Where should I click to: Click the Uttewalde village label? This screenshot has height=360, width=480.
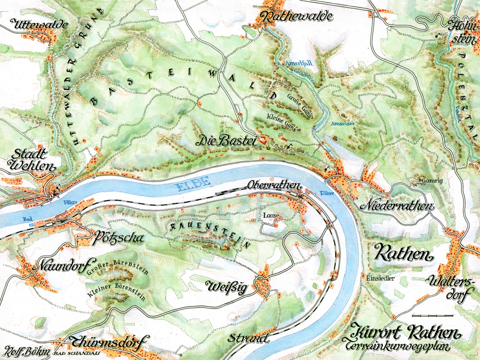click(41, 25)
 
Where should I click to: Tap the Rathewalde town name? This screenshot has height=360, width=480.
click(298, 17)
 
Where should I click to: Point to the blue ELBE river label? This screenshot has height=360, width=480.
click(192, 186)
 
